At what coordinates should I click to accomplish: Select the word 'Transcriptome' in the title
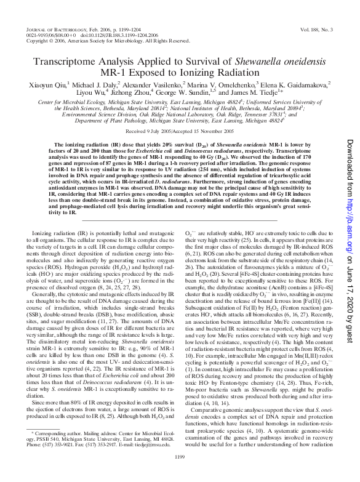[x=68, y=64]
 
